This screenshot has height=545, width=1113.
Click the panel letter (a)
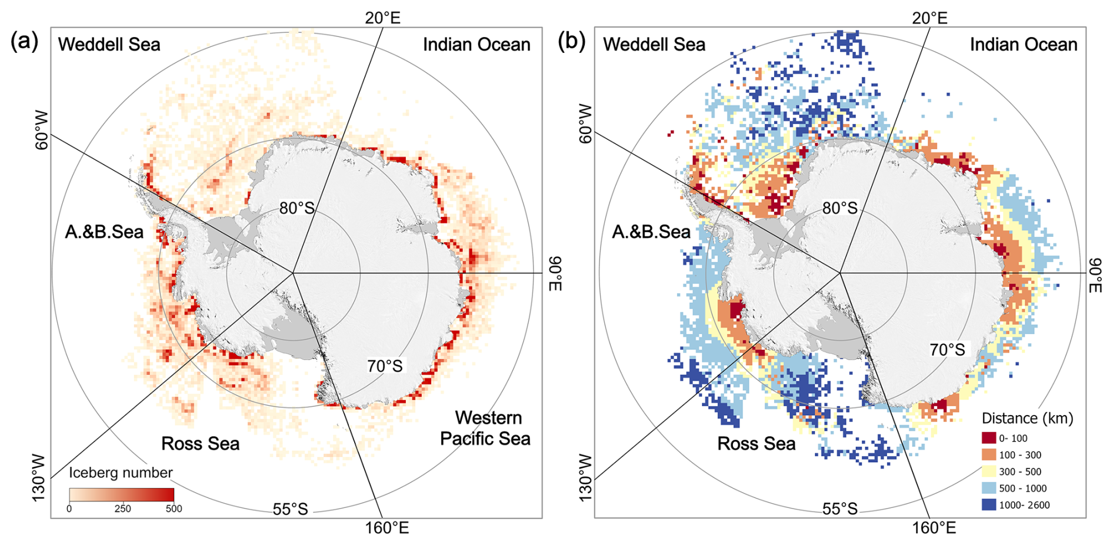tap(24, 42)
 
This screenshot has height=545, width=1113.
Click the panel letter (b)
tap(571, 42)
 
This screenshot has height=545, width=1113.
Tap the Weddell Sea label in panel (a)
tap(109, 45)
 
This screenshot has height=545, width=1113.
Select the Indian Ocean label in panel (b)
tap(1023, 45)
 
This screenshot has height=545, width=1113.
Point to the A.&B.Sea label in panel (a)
tap(104, 232)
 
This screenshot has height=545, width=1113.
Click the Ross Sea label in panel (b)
tap(756, 443)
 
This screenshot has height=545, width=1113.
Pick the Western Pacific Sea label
tap(486, 428)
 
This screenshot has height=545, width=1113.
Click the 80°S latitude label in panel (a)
tap(296, 208)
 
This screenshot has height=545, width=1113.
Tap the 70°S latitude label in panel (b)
tap(947, 350)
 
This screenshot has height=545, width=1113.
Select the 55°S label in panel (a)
tap(290, 509)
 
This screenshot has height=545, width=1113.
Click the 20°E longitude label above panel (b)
tap(929, 18)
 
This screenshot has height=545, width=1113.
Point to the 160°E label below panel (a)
tap(386, 528)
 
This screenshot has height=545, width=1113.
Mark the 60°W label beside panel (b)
tap(585, 123)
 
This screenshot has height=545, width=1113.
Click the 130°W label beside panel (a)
tap(39, 477)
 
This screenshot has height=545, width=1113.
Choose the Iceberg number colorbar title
tap(121, 473)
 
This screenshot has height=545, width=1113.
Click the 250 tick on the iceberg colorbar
tap(122, 509)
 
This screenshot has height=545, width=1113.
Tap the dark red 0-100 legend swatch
tap(988, 438)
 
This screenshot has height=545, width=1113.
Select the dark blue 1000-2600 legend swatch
tap(988, 504)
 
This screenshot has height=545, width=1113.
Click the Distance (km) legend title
tap(1027, 418)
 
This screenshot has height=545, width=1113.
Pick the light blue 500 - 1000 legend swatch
tap(988, 488)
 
